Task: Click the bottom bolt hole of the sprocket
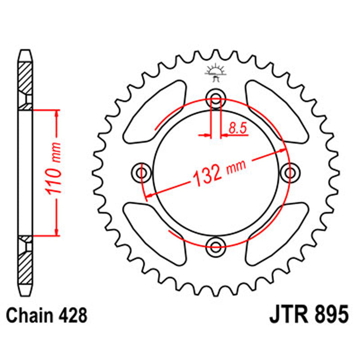(216, 245)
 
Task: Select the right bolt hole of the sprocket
(290, 172)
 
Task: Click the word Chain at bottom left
(31, 316)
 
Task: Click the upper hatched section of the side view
(26, 79)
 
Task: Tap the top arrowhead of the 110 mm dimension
(56, 114)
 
